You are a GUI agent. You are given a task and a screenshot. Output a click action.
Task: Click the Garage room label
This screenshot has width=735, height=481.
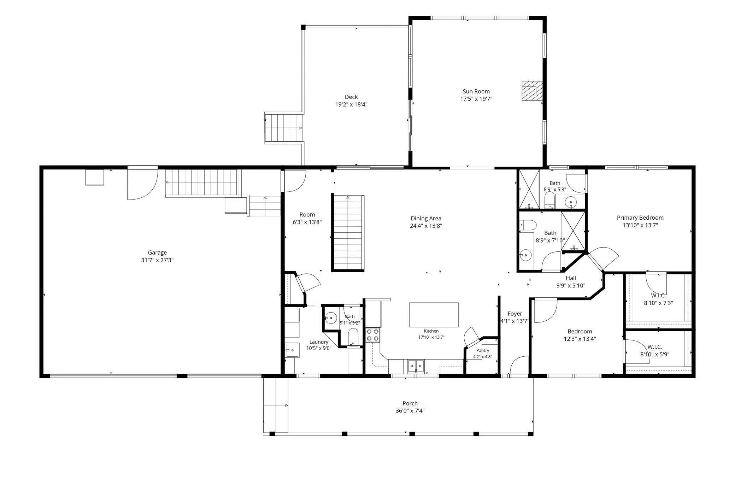click(x=157, y=253)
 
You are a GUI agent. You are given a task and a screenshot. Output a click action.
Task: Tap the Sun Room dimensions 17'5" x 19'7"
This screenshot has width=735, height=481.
click(x=476, y=99)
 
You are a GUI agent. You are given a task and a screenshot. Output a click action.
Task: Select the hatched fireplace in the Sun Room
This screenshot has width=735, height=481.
click(x=532, y=91)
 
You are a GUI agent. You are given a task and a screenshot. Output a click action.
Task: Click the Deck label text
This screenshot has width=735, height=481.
click(x=351, y=97)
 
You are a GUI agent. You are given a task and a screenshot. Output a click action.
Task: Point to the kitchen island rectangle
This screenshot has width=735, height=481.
click(x=434, y=315)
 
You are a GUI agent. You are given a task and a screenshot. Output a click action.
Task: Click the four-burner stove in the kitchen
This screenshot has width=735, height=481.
click(x=372, y=335)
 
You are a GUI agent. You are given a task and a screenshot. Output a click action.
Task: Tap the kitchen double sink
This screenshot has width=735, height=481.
click(x=416, y=366)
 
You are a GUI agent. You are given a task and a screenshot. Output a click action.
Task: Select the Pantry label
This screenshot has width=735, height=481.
click(x=483, y=350)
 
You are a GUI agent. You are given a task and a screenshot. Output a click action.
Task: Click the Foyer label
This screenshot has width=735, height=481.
click(x=515, y=314)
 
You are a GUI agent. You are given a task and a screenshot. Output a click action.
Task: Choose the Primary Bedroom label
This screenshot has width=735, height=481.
click(x=640, y=218)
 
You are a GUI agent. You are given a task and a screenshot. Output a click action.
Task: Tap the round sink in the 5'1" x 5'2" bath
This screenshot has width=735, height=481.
click(x=331, y=318)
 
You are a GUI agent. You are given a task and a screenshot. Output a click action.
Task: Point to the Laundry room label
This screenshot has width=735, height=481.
click(x=319, y=342)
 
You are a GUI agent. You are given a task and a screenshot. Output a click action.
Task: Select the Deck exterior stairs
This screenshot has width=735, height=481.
click(x=284, y=127)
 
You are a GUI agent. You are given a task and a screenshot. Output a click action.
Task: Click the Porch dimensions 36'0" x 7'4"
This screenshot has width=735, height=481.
click(x=410, y=411)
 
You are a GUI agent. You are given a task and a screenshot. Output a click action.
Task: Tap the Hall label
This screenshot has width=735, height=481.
click(x=571, y=278)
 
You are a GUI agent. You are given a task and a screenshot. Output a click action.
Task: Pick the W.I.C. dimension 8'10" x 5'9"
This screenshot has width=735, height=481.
click(x=655, y=355)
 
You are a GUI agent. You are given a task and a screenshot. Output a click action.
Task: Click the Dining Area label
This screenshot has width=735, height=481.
click(x=426, y=218)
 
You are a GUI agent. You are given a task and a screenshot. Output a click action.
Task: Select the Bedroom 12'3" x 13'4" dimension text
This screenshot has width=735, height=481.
click(x=580, y=339)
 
